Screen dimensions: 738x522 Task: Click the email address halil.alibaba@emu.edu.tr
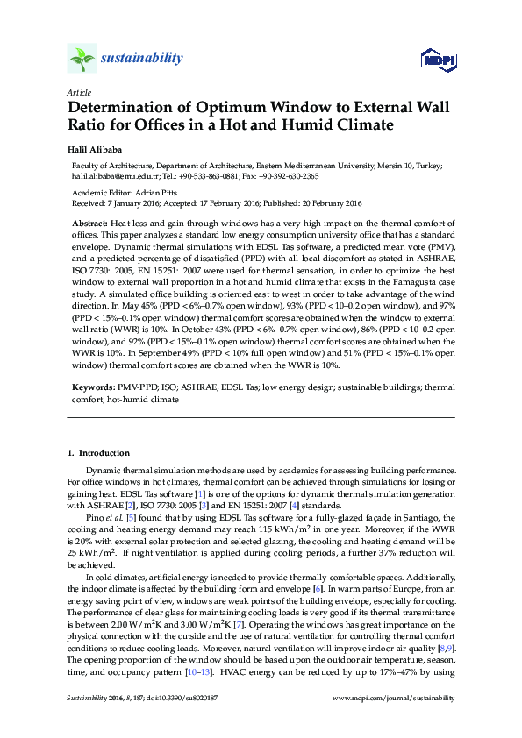click(117, 176)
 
